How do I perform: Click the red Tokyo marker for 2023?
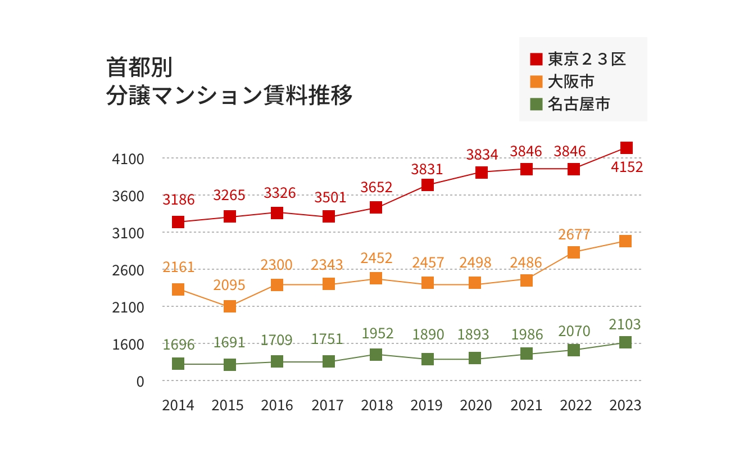coord(626,148)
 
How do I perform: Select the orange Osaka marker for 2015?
coord(230,306)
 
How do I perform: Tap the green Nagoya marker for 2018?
coord(376,355)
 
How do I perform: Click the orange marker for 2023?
coord(625,241)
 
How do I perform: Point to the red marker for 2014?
coord(178,222)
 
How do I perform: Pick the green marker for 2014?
coord(178,364)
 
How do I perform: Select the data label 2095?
coord(229,285)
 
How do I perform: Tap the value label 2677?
coord(574,234)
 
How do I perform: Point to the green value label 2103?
coord(625,324)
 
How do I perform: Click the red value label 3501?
coord(330,197)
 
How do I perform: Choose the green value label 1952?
coord(378,333)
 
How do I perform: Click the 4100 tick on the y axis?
coord(128,159)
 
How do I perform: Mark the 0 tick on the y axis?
coord(140,381)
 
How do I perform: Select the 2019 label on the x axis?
coord(427,405)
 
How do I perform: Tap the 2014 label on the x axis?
coord(178,405)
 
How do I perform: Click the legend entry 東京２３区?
coord(587,59)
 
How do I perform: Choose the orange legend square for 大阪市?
coord(537,81)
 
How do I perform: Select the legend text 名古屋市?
coord(579,104)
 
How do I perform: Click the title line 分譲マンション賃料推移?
coord(229,95)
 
